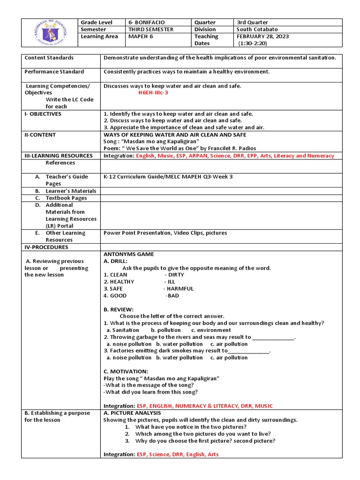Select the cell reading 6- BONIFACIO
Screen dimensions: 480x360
(146, 22)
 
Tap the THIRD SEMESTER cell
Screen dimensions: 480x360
(151, 29)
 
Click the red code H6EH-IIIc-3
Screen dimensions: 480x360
(153, 93)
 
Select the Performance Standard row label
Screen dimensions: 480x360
(54, 72)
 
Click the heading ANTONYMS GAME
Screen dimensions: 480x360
(128, 254)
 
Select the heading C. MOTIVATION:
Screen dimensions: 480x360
(126, 371)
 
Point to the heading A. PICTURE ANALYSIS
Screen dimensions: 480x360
(132, 413)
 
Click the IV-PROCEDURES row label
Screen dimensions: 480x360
(46, 247)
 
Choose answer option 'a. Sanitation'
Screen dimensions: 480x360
(123, 330)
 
